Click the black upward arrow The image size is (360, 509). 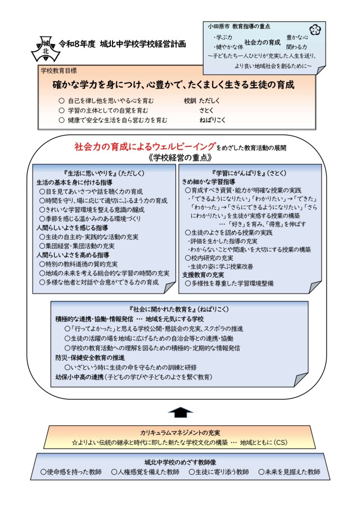click(x=179, y=412)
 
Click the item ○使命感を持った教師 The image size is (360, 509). click(x=70, y=472)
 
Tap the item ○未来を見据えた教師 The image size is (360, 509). click(x=289, y=472)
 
